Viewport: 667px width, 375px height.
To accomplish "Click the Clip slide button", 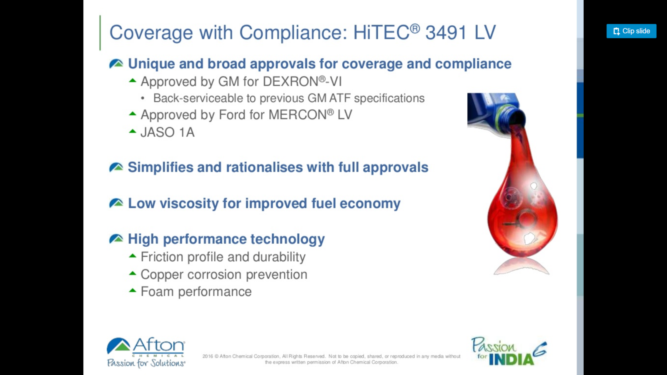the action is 631,31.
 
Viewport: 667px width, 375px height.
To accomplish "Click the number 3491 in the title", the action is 446,32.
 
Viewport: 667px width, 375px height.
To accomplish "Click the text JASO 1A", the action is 167,132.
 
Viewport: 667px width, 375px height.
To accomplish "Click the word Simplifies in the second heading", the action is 160,167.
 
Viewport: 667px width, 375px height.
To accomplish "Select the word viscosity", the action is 189,204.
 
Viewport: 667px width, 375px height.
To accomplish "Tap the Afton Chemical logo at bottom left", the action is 146,347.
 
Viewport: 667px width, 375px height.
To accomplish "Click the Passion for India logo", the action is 509,351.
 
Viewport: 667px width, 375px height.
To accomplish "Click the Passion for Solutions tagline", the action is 146,363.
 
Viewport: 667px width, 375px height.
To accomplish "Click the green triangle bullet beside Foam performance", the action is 133,290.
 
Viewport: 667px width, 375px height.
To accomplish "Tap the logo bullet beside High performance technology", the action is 116,239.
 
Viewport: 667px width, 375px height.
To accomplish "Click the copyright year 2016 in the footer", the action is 208,356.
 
